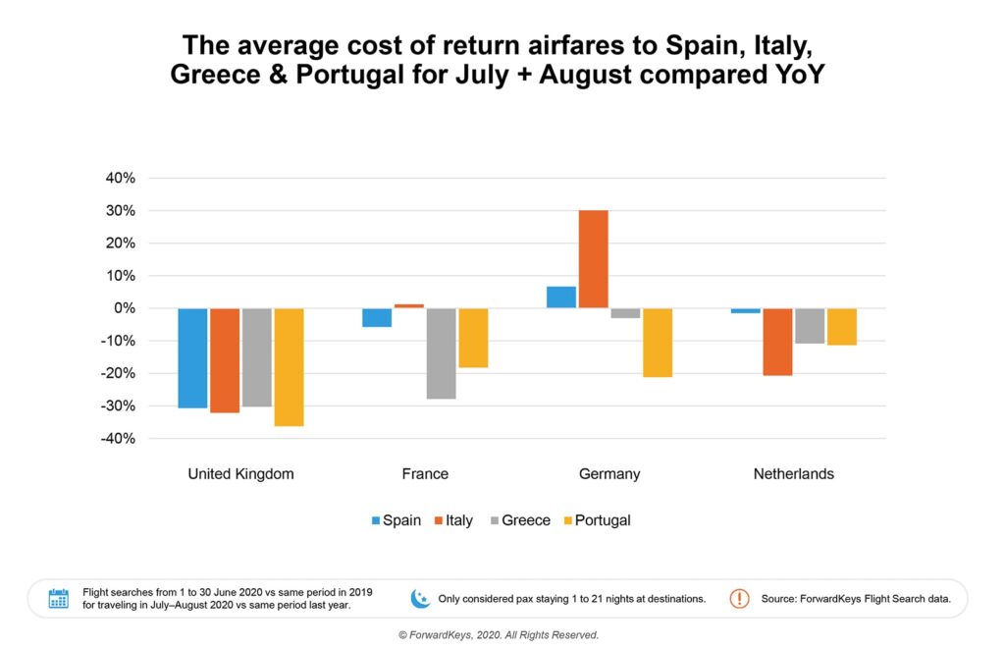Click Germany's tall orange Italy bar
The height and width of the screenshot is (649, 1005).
coord(593,259)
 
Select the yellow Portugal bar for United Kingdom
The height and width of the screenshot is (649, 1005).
coord(289,366)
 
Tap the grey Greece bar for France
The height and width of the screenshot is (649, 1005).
coord(442,353)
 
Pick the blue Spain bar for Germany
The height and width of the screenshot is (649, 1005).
coord(561,297)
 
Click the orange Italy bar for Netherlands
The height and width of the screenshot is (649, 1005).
coord(777,342)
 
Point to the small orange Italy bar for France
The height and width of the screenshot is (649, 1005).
coord(409,305)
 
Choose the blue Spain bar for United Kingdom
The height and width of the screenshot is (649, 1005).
coord(193,357)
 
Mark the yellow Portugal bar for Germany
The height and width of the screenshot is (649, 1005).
coord(658,342)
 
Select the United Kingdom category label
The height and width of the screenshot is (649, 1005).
coord(240,473)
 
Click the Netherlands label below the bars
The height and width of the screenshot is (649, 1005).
coord(793,473)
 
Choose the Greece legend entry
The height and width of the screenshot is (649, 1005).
coord(525,520)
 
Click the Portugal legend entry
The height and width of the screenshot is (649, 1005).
coord(602,520)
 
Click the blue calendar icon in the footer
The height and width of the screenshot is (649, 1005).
coord(59,598)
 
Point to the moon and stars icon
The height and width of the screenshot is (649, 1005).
coord(419,598)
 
